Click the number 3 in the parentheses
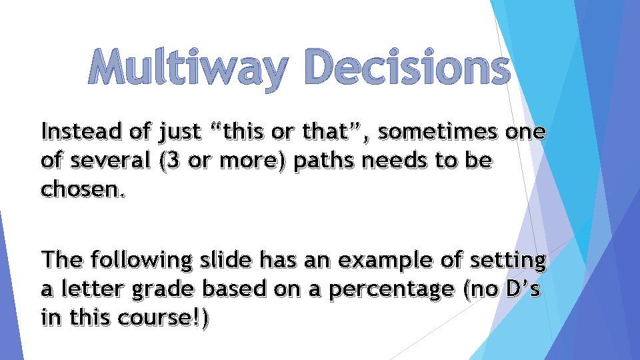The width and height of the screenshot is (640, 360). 164,161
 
